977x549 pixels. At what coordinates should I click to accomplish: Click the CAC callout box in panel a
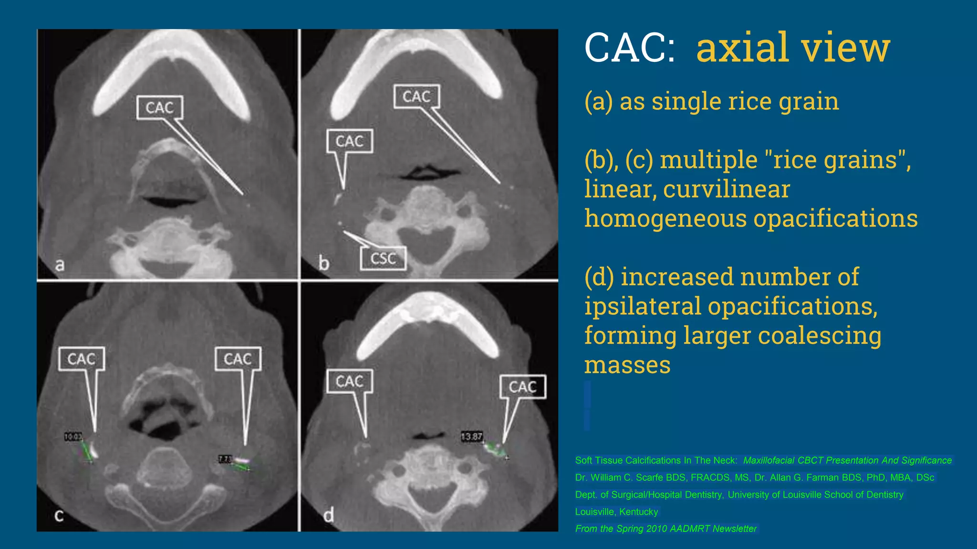click(159, 108)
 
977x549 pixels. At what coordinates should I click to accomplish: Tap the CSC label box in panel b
click(383, 259)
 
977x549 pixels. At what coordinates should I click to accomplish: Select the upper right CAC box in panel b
click(416, 97)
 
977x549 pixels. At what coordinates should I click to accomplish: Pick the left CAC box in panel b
click(350, 141)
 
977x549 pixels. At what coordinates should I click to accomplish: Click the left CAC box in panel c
click(81, 359)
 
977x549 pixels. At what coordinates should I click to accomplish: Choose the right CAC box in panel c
click(238, 359)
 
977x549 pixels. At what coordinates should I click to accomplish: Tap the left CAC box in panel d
click(350, 381)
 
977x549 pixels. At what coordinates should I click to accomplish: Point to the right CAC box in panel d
click(522, 387)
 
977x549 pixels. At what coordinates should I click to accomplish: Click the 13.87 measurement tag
click(471, 437)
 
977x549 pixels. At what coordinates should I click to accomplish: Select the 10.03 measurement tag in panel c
click(73, 437)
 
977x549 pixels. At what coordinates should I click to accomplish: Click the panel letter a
click(60, 264)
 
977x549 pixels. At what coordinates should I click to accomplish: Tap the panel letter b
click(323, 263)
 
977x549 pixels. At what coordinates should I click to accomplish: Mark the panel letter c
click(59, 515)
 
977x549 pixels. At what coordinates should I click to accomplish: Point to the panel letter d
click(329, 515)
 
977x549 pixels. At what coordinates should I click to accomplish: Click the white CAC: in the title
click(630, 48)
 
